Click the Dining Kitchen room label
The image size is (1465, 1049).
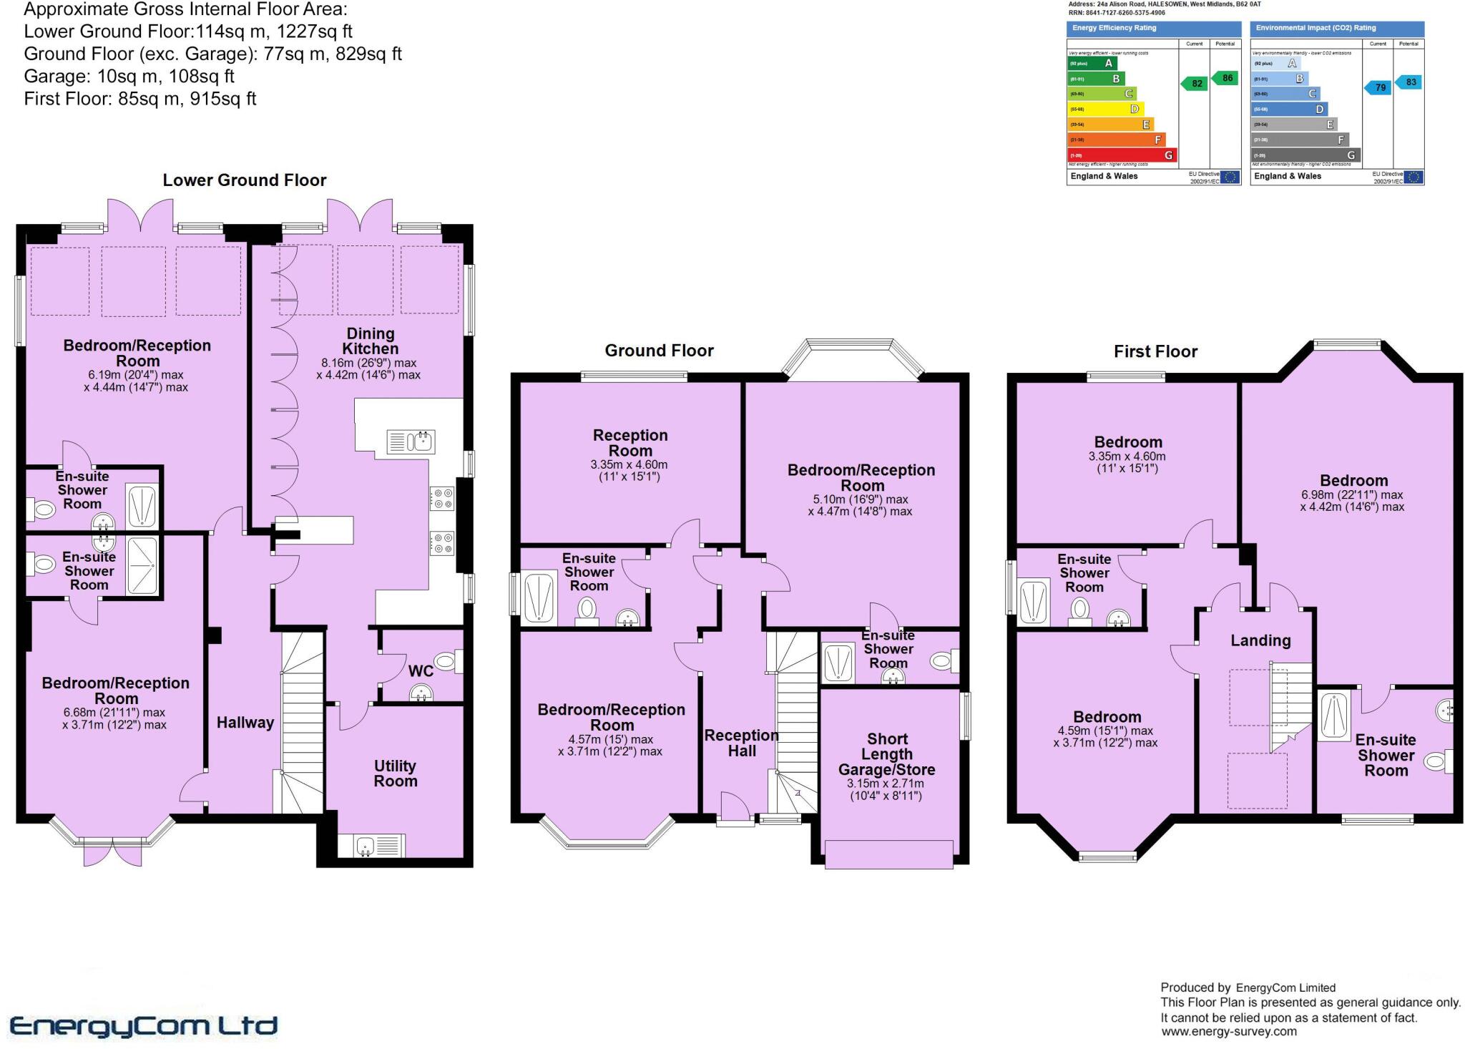coord(370,341)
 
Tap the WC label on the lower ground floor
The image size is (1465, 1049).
coord(421,671)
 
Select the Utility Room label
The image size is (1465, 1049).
coord(395,774)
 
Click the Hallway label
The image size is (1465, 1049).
coord(245,723)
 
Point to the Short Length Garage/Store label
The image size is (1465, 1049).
coord(887,754)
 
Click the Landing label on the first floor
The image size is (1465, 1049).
coord(1260,640)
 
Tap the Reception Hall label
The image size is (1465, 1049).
coord(742,743)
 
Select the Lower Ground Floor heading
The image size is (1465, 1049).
coord(245,180)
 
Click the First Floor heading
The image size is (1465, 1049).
coord(1155,351)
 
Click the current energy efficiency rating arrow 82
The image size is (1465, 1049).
coord(1195,84)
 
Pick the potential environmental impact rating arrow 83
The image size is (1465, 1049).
coord(1409,82)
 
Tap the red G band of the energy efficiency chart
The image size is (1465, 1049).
coord(1121,155)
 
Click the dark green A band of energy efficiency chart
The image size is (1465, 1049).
coord(1092,63)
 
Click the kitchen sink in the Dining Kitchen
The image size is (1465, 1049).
coord(411,441)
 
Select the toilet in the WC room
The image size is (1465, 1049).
coord(448,661)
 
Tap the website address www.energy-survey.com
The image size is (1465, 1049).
coord(1228,1031)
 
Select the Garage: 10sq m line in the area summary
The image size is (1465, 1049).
coord(129,76)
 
